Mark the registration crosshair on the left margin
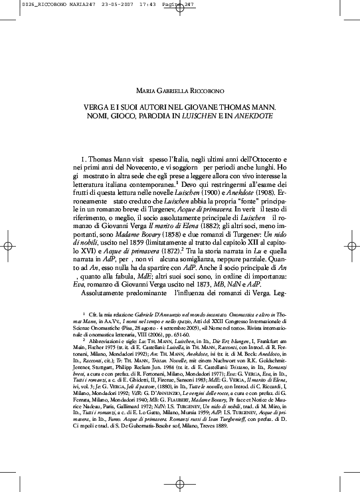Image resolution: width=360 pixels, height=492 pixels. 9,245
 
